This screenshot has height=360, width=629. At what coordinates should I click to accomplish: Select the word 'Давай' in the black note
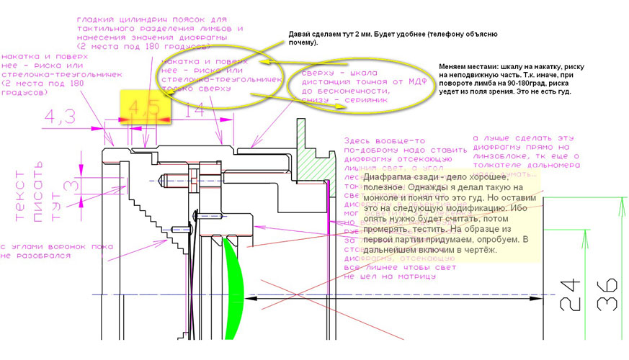(301, 34)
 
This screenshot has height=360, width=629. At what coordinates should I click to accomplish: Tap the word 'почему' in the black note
(303, 43)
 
